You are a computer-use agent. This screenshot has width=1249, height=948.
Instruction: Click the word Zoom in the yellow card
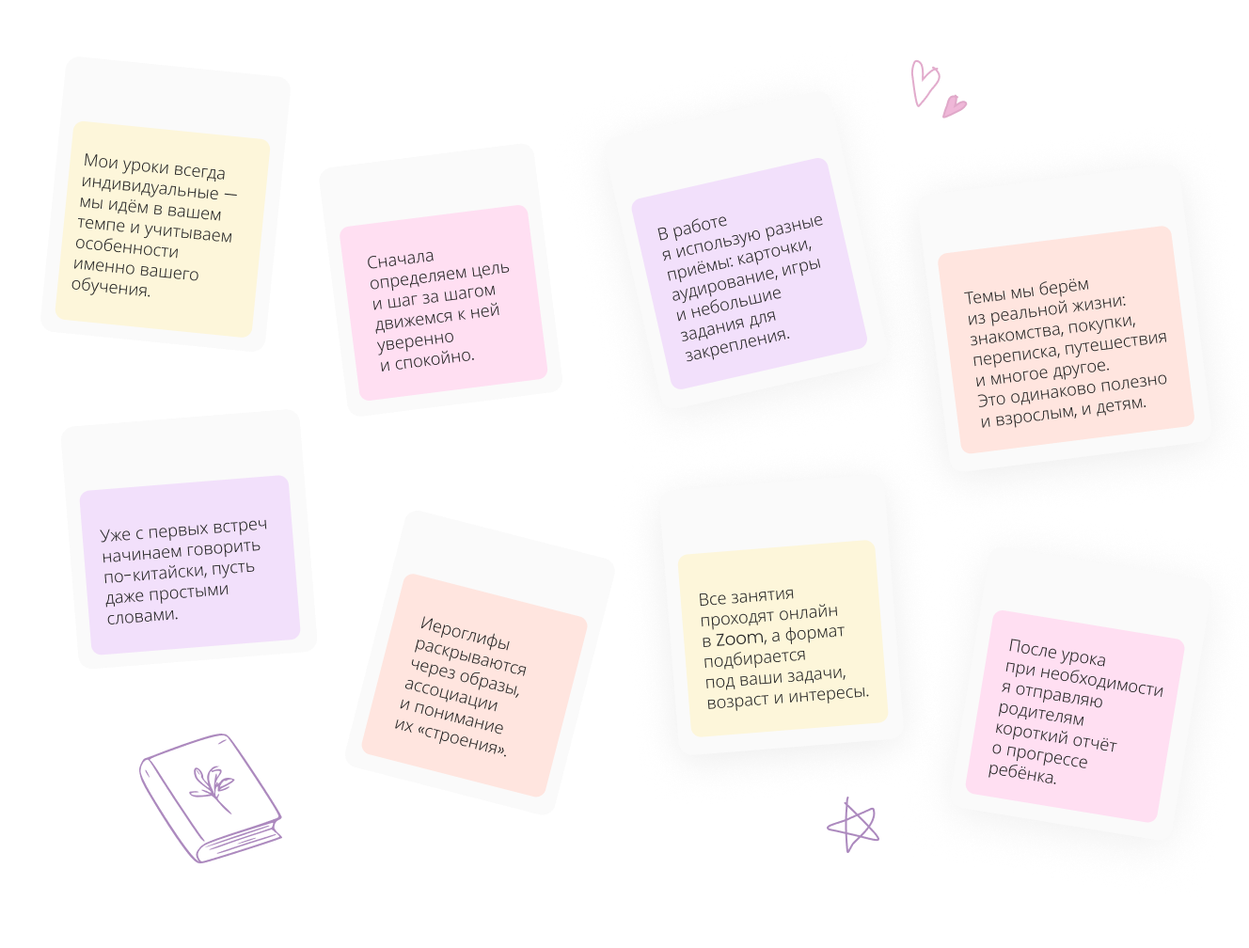click(739, 640)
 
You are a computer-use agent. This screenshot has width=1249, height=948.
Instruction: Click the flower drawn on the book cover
click(213, 786)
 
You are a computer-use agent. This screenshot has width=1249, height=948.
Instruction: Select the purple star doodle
click(853, 826)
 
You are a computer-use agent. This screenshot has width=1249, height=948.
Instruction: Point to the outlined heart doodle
click(924, 82)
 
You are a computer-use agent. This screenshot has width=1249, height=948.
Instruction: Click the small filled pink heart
click(955, 104)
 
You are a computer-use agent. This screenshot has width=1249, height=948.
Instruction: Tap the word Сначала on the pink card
click(401, 258)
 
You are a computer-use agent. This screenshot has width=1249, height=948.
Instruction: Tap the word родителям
click(1041, 713)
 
